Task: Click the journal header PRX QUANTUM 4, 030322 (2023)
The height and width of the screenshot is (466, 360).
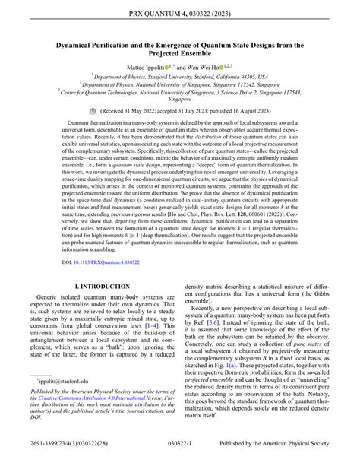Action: [180, 11]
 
